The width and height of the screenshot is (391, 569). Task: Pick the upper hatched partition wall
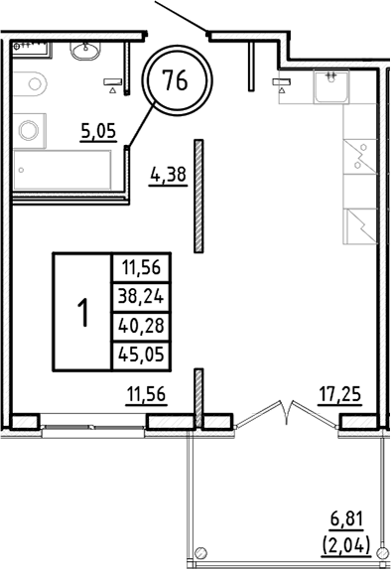(x=199, y=195)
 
